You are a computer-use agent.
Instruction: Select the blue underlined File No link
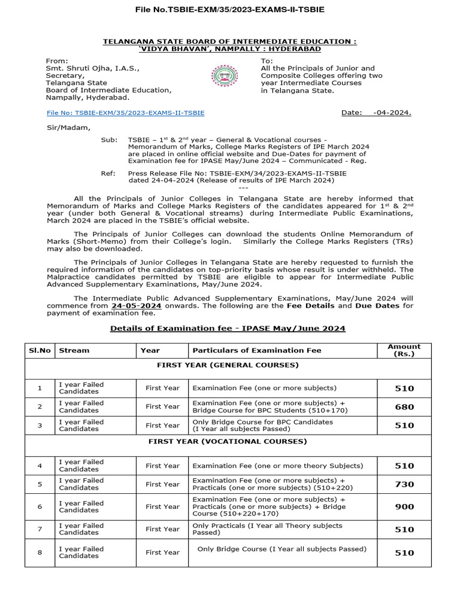tap(125, 113)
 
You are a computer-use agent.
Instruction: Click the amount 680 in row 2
tap(404, 407)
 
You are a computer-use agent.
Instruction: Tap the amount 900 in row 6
tap(404, 506)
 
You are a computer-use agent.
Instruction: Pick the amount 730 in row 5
tap(404, 484)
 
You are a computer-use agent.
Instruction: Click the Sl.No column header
tap(40, 350)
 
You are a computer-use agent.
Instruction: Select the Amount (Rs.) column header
tap(404, 350)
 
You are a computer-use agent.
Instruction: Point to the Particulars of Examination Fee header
tap(257, 350)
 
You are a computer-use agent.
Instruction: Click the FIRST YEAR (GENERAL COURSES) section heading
tap(228, 365)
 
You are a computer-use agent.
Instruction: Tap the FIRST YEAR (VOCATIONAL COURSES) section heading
tap(228, 441)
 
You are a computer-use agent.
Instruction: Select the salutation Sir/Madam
tap(68, 127)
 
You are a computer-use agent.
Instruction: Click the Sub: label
tap(109, 139)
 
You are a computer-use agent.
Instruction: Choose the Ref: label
tap(108, 172)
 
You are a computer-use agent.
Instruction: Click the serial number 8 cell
tap(40, 553)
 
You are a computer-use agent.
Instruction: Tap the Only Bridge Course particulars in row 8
tap(282, 549)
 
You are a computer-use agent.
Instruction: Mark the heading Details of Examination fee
tap(228, 329)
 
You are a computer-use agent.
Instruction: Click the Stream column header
tap(74, 350)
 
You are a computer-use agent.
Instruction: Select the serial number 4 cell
tap(40, 466)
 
